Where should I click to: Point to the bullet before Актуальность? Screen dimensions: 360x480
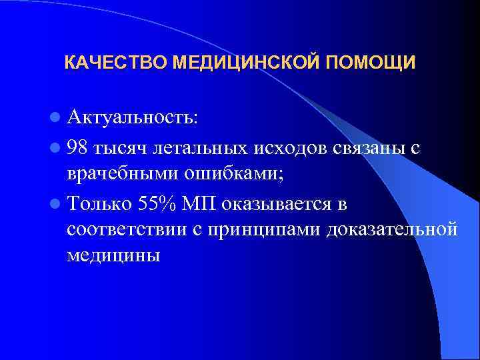pos(54,118)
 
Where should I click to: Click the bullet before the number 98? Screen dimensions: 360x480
pos(54,148)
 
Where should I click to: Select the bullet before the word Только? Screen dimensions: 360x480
pos(54,203)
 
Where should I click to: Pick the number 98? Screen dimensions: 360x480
pos(79,148)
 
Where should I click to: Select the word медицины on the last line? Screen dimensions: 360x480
pos(113,256)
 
